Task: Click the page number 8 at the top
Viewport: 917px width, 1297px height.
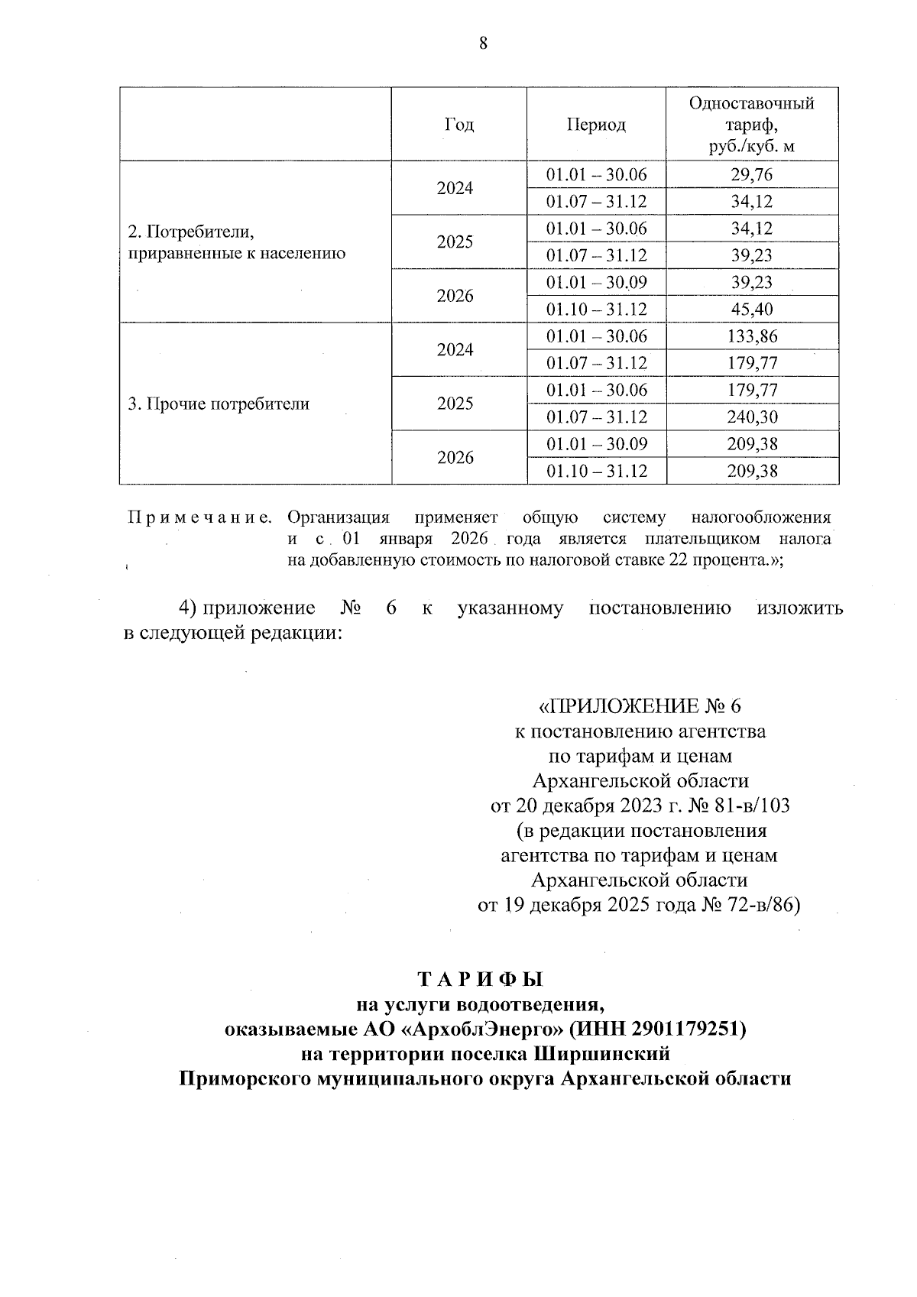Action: point(482,43)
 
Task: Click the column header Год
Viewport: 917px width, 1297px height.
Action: point(458,125)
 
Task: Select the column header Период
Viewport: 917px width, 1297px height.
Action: point(596,125)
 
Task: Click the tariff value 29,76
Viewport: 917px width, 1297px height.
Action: point(752,175)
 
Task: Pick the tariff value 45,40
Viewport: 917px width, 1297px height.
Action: point(752,310)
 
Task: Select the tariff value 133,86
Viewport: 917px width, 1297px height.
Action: point(752,336)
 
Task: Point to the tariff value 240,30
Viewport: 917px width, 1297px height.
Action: point(752,417)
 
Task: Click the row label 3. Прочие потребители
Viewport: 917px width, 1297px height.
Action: point(219,404)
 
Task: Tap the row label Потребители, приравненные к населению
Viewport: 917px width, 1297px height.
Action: point(236,242)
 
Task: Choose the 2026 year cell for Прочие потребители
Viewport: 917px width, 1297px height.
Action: point(455,458)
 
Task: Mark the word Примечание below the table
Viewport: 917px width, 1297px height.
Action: point(199,518)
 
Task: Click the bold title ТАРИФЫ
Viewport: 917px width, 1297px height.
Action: point(480,980)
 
